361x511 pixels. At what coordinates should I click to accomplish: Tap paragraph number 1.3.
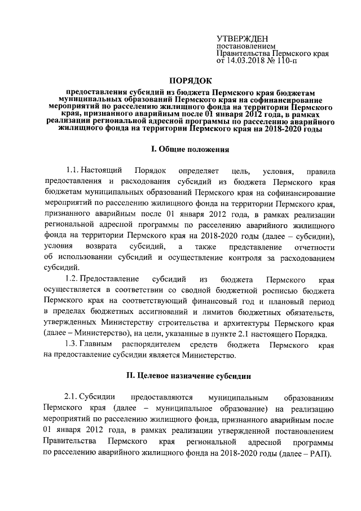(x=72, y=344)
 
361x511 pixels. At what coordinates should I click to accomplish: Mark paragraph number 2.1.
(x=72, y=398)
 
